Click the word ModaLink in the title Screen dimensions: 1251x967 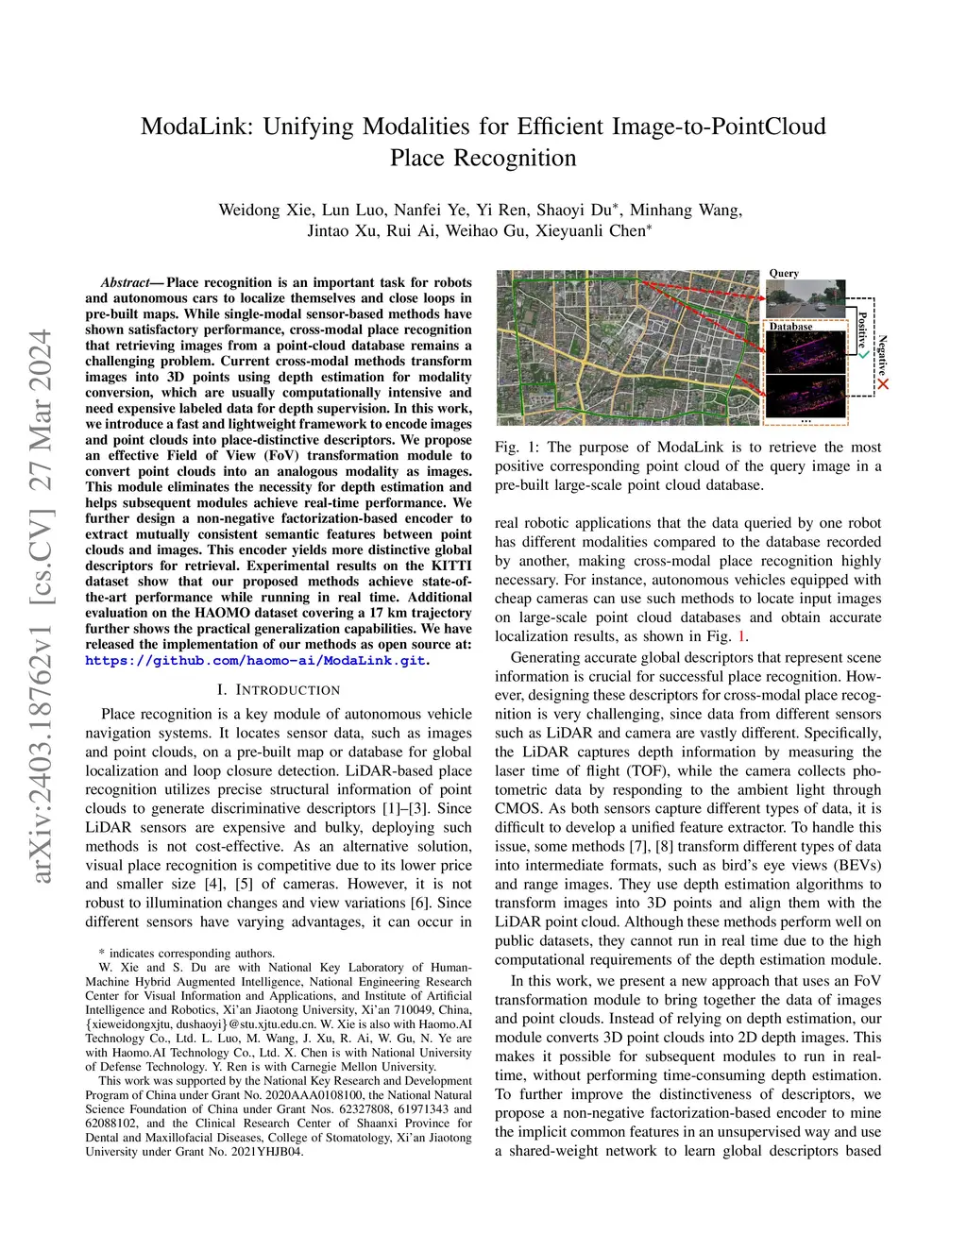pos(196,127)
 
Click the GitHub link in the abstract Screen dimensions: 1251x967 pos(258,660)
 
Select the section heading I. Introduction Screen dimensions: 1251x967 pos(279,690)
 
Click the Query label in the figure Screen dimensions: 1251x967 pos(784,273)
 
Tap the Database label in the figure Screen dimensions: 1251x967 pos(790,327)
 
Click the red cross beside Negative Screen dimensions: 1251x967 pos(883,384)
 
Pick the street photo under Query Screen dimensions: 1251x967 pos(805,298)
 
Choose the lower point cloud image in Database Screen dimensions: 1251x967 pos(805,396)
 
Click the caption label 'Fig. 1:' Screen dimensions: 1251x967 pos(517,448)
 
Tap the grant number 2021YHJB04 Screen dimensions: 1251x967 pos(269,1152)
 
